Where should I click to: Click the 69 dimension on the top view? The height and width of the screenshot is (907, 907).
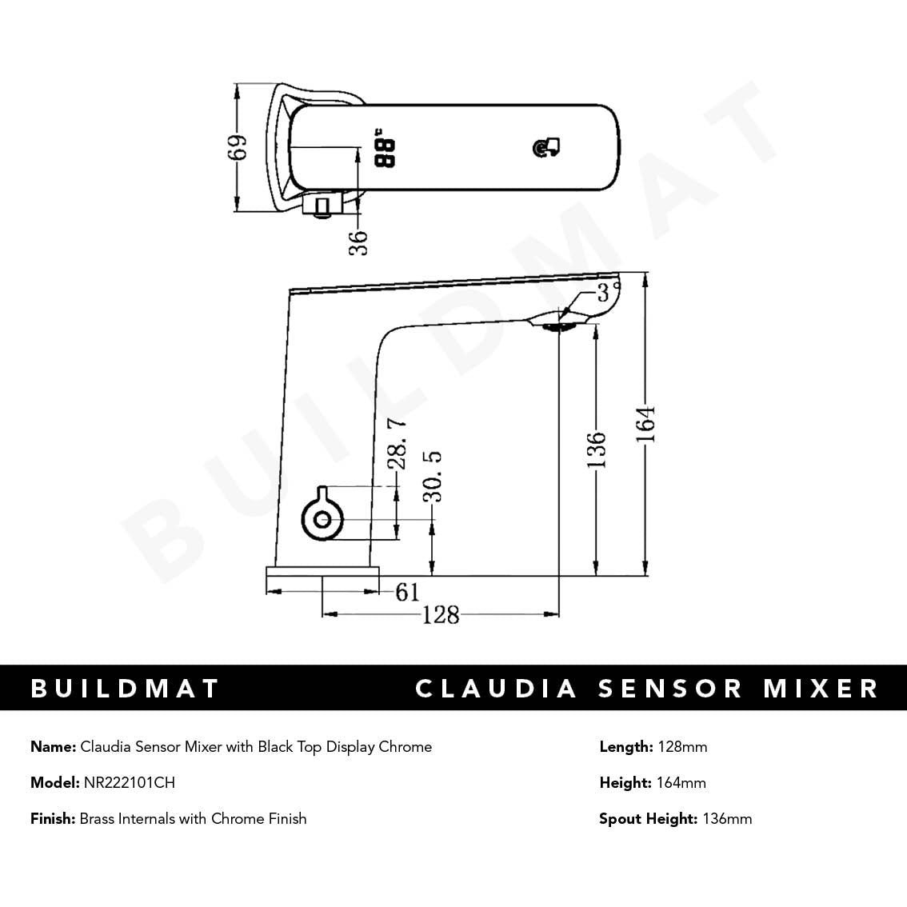pyautogui.click(x=238, y=147)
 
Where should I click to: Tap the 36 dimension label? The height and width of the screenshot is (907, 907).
pyautogui.click(x=359, y=242)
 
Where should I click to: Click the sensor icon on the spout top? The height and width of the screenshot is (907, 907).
pyautogui.click(x=546, y=147)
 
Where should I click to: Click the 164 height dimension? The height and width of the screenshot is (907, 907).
pyautogui.click(x=646, y=425)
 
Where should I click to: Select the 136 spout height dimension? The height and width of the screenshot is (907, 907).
pyautogui.click(x=597, y=450)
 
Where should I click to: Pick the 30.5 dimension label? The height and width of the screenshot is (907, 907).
pyautogui.click(x=433, y=476)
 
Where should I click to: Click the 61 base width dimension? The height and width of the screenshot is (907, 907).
pyautogui.click(x=407, y=592)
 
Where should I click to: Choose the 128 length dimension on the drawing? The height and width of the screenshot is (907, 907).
pyautogui.click(x=441, y=614)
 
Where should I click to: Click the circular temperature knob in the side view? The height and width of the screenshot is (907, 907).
pyautogui.click(x=322, y=518)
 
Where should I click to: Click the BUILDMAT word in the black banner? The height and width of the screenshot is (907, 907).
pyautogui.click(x=125, y=688)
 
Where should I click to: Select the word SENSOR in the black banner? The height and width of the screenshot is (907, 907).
pyautogui.click(x=670, y=688)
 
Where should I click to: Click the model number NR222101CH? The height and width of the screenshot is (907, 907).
pyautogui.click(x=129, y=782)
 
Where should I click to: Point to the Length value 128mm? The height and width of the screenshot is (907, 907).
pyautogui.click(x=681, y=746)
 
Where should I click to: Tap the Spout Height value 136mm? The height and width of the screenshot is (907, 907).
pyautogui.click(x=726, y=818)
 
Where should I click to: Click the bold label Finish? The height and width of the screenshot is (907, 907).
pyautogui.click(x=53, y=818)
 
